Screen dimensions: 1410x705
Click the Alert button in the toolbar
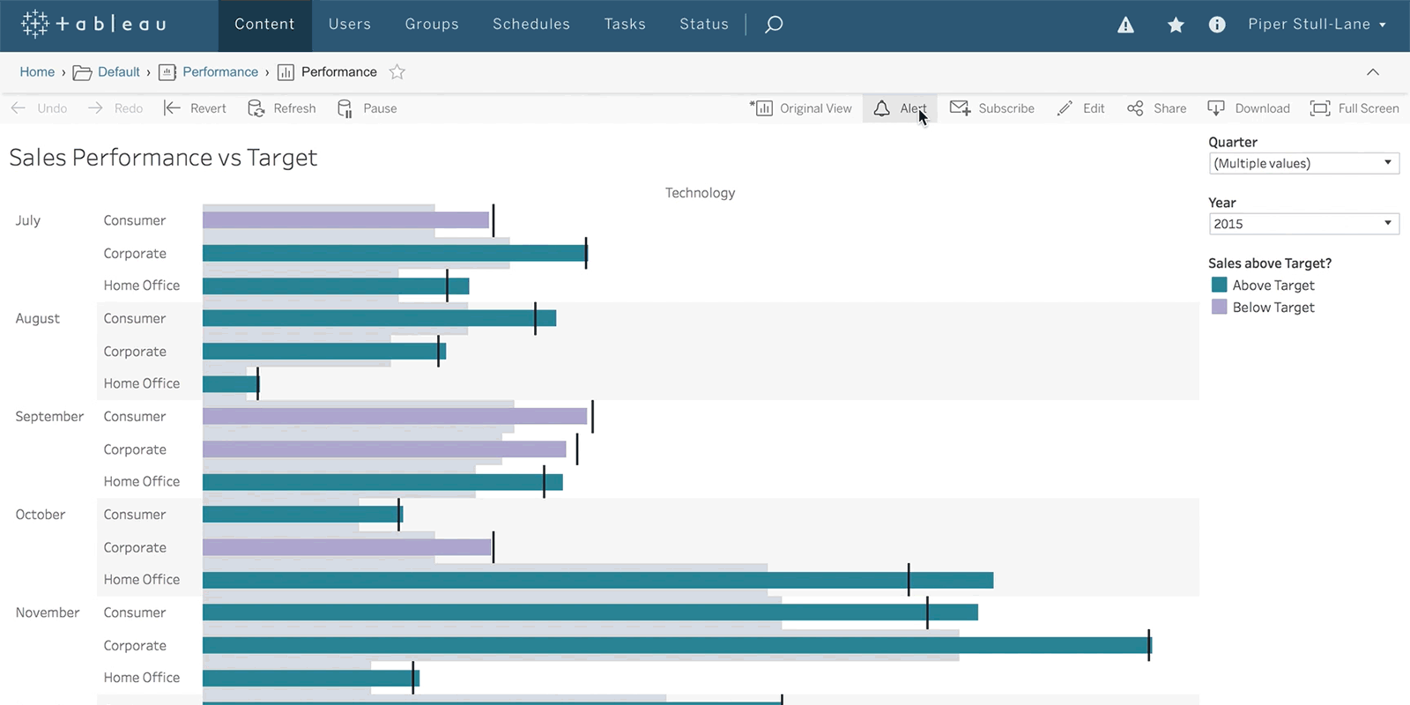pos(900,108)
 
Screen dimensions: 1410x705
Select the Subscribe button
pos(992,108)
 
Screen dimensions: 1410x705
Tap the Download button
pos(1249,108)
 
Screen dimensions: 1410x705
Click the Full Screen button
pos(1354,108)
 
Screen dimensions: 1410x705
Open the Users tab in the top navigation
pos(349,24)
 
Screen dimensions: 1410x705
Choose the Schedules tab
pos(531,24)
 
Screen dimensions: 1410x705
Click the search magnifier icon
pos(774,25)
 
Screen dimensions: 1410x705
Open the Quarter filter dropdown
pos(1303,163)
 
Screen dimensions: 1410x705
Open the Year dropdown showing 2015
pos(1303,224)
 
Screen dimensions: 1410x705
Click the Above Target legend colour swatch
pos(1220,286)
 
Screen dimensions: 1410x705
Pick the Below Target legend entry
pos(1264,308)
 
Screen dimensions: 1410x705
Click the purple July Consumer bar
pos(345,219)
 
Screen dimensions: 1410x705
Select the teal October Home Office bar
pos(598,580)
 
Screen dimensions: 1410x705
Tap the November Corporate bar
pos(678,645)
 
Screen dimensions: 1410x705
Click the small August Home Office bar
pos(230,383)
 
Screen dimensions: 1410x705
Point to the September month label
pos(49,417)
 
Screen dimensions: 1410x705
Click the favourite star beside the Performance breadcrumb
pos(397,71)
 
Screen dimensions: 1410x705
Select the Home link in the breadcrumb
pos(37,71)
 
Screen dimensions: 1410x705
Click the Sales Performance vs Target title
pos(163,158)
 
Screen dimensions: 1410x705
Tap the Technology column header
pos(700,193)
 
